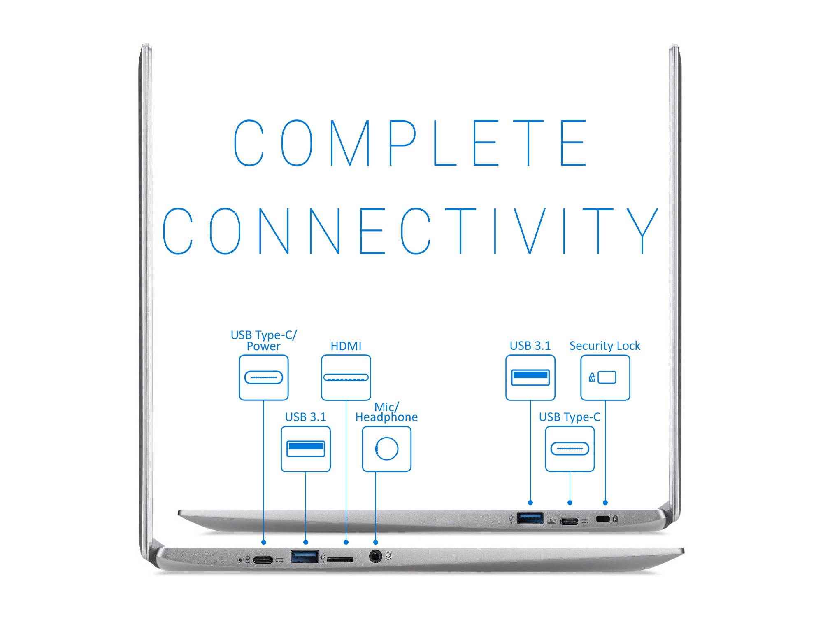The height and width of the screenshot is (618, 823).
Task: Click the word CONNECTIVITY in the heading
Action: pos(411,231)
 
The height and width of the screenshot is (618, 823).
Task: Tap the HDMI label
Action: pos(346,346)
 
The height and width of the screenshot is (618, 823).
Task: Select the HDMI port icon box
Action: pos(346,377)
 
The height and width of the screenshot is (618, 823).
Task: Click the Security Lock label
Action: pos(604,346)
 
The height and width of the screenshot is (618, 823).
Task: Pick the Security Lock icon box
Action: pos(605,377)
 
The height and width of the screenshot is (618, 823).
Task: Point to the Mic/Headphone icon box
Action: pos(386,449)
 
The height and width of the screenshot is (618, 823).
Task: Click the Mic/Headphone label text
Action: pos(386,412)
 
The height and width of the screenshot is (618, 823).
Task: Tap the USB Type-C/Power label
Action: pos(263,340)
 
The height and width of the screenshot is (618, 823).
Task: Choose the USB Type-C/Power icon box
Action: pos(263,377)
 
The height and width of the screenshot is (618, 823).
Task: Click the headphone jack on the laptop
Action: pos(375,557)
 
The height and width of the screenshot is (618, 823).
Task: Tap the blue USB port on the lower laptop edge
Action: pos(305,556)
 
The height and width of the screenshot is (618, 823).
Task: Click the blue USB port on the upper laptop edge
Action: pos(530,518)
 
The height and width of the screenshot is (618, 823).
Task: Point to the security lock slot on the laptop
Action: pos(603,519)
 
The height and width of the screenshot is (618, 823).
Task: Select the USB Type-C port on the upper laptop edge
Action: pos(570,522)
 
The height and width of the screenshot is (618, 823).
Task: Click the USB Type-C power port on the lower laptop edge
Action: pos(263,560)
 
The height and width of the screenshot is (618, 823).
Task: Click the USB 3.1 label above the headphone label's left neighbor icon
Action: pos(305,417)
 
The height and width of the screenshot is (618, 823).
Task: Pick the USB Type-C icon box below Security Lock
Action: pos(570,449)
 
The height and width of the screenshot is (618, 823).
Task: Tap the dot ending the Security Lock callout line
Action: pos(605,503)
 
